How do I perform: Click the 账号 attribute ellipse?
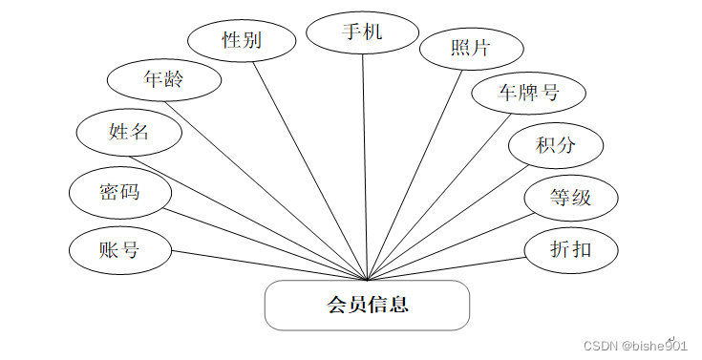point(119,250)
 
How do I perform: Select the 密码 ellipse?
point(119,192)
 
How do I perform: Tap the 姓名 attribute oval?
point(129,132)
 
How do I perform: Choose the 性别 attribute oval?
point(242,40)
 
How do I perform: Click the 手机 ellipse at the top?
point(362,32)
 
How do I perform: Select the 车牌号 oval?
point(527,93)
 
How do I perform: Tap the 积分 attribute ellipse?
point(556,146)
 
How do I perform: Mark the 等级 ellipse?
point(571,198)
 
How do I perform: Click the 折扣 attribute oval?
point(571,249)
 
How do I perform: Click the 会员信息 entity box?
point(367,305)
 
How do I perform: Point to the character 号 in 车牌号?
point(550,93)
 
